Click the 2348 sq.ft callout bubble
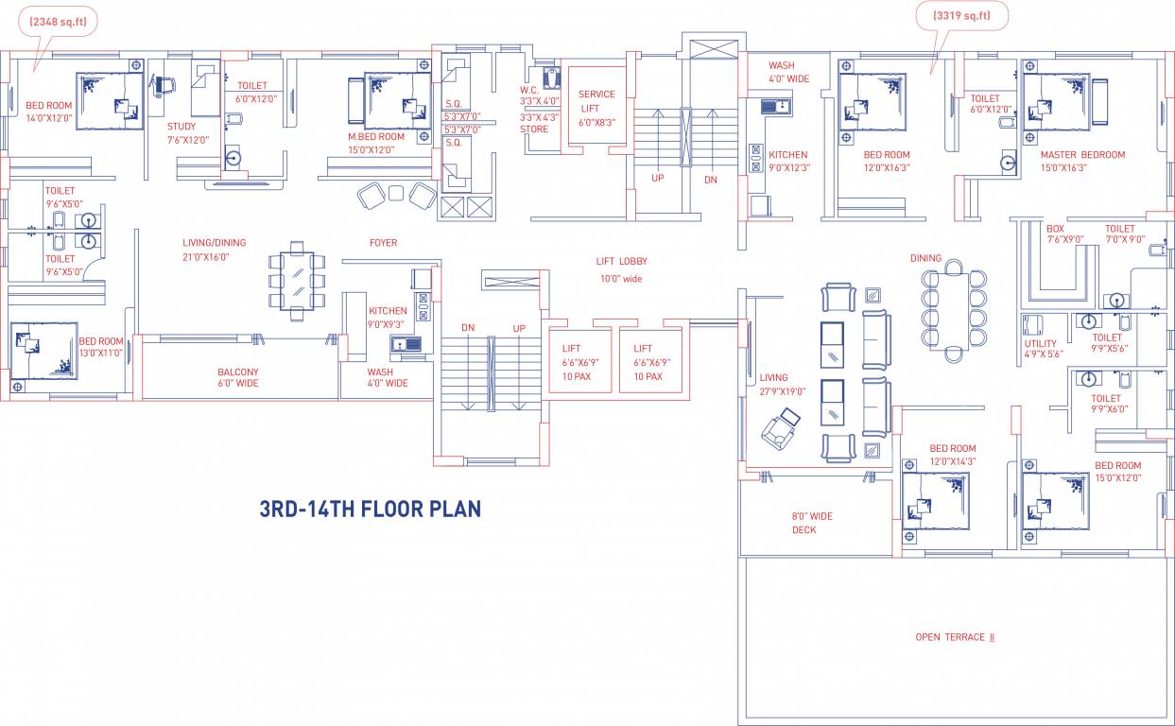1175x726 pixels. [x=58, y=22]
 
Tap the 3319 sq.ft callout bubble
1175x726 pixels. [x=961, y=16]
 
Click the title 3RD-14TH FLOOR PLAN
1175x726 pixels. [x=371, y=509]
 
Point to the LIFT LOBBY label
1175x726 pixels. [x=622, y=261]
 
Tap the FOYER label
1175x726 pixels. [x=384, y=243]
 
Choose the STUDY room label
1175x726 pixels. [x=181, y=127]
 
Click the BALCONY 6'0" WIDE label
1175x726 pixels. [x=238, y=377]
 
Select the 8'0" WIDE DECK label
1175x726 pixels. [x=812, y=523]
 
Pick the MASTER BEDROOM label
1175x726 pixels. [x=1082, y=155]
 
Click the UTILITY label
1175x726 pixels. [x=1041, y=343]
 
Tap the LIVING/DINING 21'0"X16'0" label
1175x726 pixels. [x=214, y=250]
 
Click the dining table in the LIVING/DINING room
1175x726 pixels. [x=297, y=281]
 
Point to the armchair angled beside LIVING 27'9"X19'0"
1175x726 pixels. [x=781, y=428]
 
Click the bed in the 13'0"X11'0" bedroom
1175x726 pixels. [x=44, y=351]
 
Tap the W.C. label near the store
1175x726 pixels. [x=529, y=90]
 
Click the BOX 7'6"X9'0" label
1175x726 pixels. [x=1064, y=233]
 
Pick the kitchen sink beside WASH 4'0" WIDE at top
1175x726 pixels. [x=776, y=107]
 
